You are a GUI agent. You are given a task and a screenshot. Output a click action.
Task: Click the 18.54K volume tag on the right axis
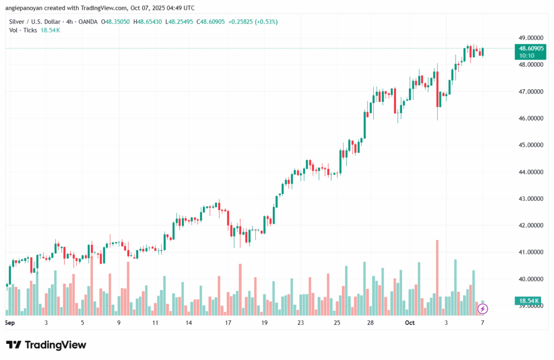[x=527, y=300]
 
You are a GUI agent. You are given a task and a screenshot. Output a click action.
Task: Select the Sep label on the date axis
[x=9, y=323]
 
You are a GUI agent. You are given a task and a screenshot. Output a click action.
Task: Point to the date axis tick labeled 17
[x=228, y=323]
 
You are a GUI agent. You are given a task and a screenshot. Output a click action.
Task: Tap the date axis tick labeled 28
[x=370, y=323]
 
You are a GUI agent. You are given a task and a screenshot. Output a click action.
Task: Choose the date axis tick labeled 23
[x=300, y=323]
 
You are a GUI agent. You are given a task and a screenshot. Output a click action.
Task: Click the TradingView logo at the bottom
[x=46, y=345]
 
